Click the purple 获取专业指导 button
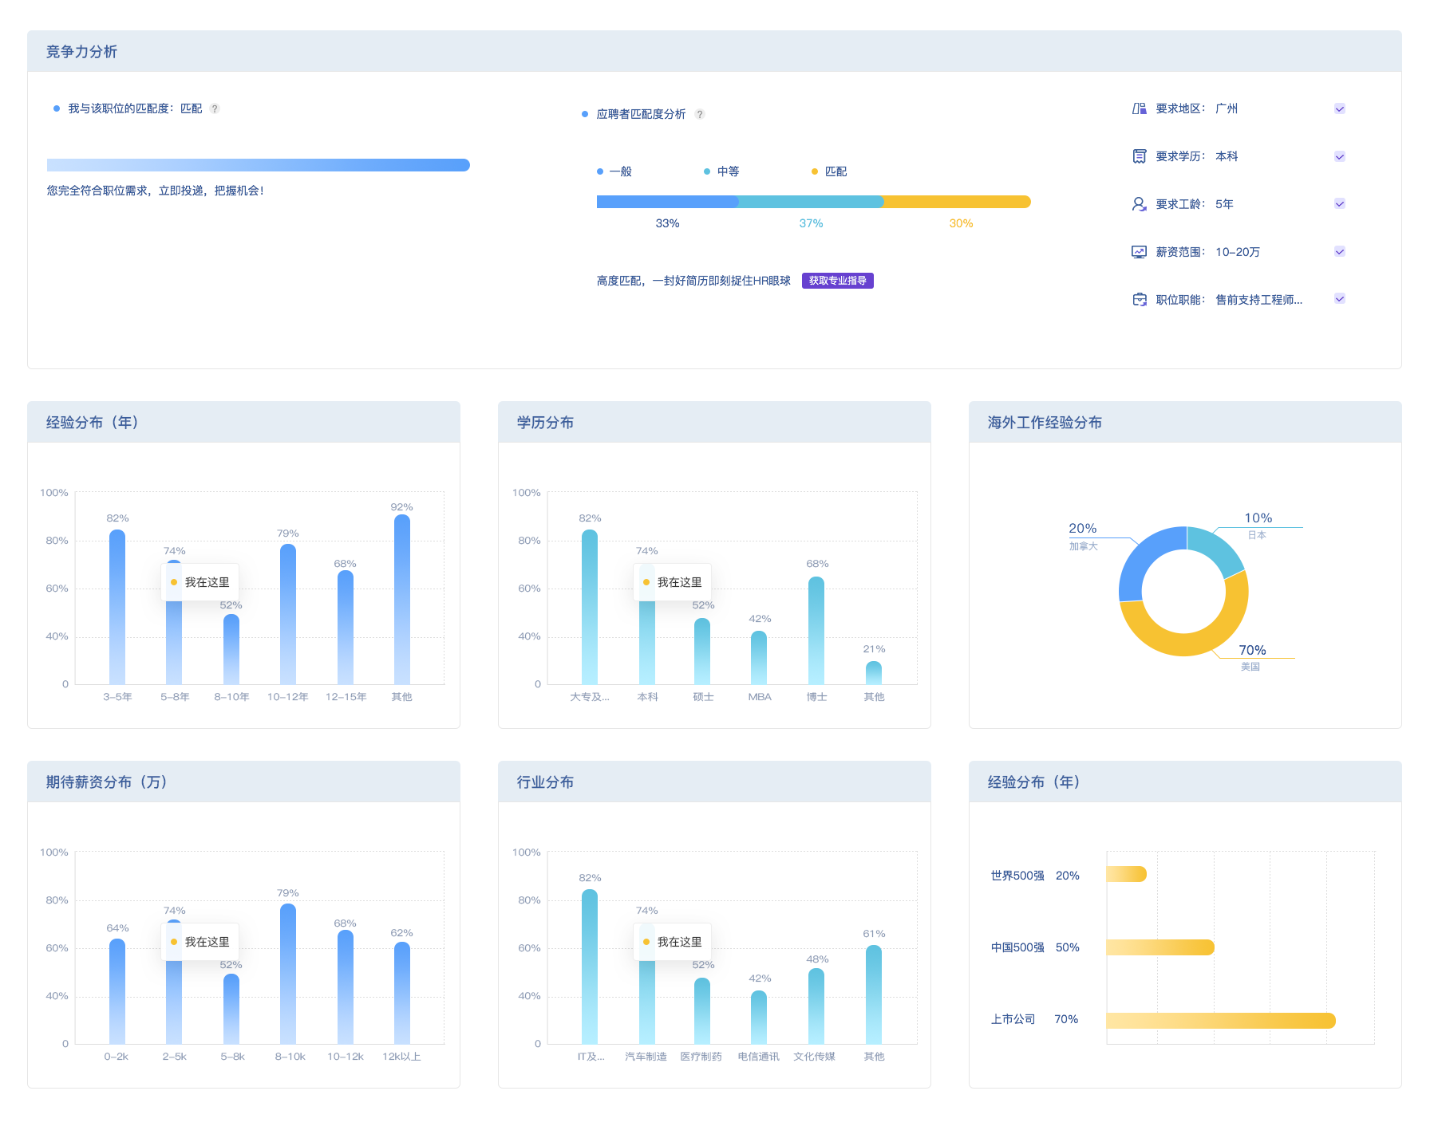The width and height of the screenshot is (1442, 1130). pyautogui.click(x=837, y=281)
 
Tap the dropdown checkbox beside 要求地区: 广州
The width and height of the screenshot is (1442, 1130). pyautogui.click(x=1340, y=108)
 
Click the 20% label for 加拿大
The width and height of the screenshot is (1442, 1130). pyautogui.click(x=1082, y=529)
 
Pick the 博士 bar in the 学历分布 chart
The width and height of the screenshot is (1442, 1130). pyautogui.click(x=816, y=631)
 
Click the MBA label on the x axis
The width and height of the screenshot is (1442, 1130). pyautogui.click(x=760, y=697)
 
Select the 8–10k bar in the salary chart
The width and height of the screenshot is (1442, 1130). pyautogui.click(x=288, y=974)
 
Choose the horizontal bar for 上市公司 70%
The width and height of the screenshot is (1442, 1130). pyautogui.click(x=1221, y=1021)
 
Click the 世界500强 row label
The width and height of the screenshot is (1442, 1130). pyautogui.click(x=1017, y=876)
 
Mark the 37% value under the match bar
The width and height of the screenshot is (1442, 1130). pyautogui.click(x=811, y=223)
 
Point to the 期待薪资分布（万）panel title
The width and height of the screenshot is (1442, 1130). pyautogui.click(x=107, y=782)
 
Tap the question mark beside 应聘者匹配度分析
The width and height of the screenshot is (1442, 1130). pyautogui.click(x=700, y=114)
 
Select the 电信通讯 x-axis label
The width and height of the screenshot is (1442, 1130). pyautogui.click(x=759, y=1057)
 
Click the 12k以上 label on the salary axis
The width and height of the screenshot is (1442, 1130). pyautogui.click(x=401, y=1057)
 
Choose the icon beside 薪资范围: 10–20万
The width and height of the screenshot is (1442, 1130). pyautogui.click(x=1140, y=252)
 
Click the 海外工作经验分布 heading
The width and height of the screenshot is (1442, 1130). pyautogui.click(x=1045, y=423)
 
